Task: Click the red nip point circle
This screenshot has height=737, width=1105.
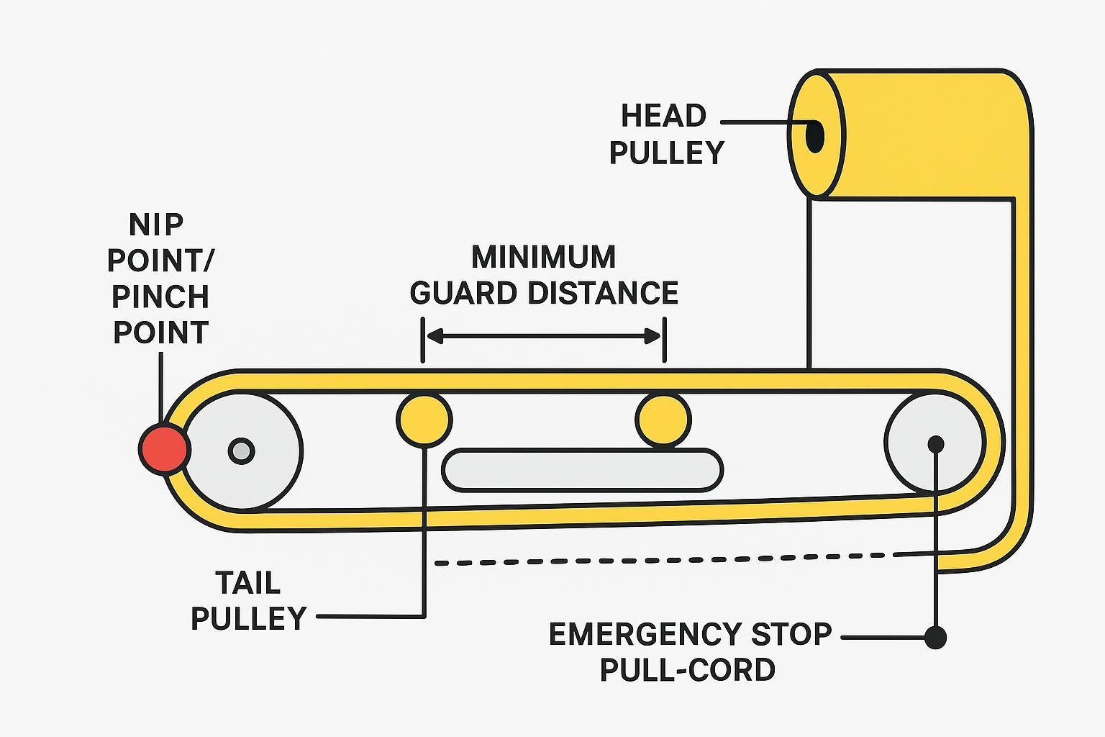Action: tap(164, 448)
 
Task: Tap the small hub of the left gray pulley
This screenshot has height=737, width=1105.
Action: tap(241, 451)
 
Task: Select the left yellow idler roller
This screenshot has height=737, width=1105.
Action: tap(424, 419)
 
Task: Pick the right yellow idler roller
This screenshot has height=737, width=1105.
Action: tap(663, 419)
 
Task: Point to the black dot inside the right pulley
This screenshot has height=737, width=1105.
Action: tap(935, 443)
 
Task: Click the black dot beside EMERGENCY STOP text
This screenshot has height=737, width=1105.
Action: tap(935, 637)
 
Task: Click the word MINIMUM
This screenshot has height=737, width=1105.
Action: tap(543, 257)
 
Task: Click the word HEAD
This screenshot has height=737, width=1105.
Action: tap(663, 116)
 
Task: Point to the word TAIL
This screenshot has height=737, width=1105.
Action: tap(247, 582)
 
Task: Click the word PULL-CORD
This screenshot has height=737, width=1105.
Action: tap(687, 670)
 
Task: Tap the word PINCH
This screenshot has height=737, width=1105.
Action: tap(160, 297)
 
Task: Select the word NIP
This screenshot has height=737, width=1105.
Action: tap(156, 225)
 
